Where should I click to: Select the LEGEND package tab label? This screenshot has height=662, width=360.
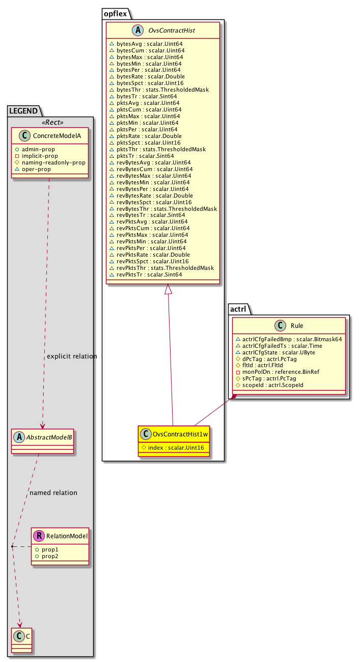(24, 110)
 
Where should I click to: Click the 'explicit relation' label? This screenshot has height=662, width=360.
(72, 356)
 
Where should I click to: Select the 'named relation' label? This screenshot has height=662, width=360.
(53, 492)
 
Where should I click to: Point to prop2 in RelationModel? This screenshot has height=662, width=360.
(46, 556)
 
